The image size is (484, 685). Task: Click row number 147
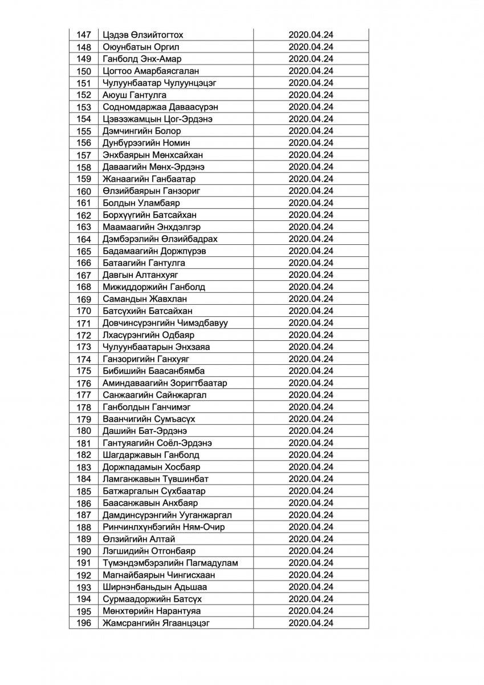(x=83, y=35)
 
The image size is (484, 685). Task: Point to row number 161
(x=83, y=203)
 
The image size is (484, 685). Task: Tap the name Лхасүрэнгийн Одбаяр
(x=149, y=335)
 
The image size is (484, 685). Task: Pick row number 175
(x=83, y=371)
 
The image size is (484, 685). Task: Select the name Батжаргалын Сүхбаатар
(x=154, y=491)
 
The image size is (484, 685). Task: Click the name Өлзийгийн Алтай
(x=135, y=539)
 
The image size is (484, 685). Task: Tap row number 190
(x=83, y=551)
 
